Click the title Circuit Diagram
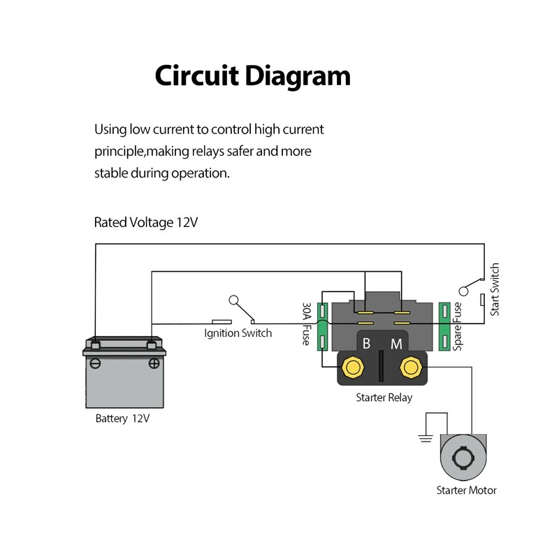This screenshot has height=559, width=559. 252,75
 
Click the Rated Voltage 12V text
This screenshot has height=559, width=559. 146,223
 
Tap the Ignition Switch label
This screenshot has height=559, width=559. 238,333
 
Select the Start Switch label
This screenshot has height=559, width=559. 495,289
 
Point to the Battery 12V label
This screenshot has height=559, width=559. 122,419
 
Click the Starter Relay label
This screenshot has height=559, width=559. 384,398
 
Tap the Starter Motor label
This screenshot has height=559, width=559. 466,491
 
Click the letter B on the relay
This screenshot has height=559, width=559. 367,344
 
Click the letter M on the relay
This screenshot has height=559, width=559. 396,344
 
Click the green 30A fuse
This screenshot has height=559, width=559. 323,326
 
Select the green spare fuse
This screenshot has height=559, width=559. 444,326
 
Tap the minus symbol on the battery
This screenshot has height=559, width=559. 96,363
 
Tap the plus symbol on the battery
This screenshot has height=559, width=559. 154,363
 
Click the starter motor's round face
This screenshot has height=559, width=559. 462,458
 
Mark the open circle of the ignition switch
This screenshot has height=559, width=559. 233,300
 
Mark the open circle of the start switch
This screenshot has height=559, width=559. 462,291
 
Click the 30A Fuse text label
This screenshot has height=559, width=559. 307,324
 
